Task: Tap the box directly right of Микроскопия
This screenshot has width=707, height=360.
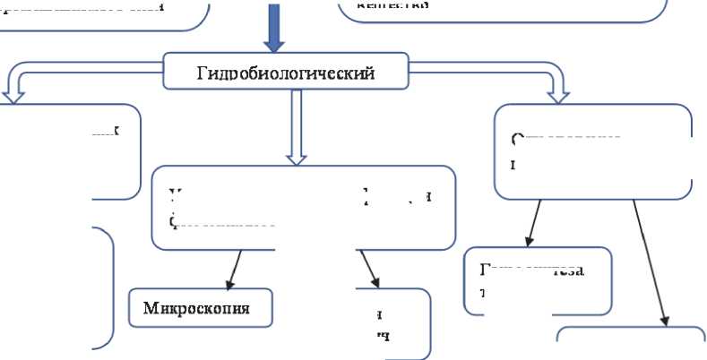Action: (x=392, y=322)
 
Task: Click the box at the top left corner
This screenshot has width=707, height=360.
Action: (x=103, y=13)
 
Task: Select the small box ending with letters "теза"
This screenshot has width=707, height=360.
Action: (x=538, y=278)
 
